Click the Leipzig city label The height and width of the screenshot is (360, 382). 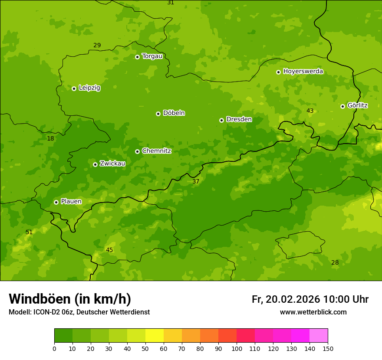89,88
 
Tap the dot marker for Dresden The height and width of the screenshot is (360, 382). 221,120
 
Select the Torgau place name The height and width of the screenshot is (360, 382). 152,56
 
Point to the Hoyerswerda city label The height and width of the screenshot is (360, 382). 303,71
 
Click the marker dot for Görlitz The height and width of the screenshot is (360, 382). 342,106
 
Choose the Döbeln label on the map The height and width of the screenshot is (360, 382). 174,113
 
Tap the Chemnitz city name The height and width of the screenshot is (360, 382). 156,151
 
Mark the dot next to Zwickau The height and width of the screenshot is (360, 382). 95,164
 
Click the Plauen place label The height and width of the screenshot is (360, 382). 71,201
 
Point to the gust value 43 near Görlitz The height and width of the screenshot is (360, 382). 310,111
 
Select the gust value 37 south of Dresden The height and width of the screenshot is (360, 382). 196,182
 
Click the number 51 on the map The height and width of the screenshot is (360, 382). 29,232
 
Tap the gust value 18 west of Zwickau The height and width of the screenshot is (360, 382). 51,139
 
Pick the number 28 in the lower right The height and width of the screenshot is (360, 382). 335,263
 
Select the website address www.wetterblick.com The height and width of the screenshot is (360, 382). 313,312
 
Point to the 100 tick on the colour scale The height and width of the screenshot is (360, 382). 237,348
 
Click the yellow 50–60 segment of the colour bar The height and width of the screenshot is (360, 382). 154,335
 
